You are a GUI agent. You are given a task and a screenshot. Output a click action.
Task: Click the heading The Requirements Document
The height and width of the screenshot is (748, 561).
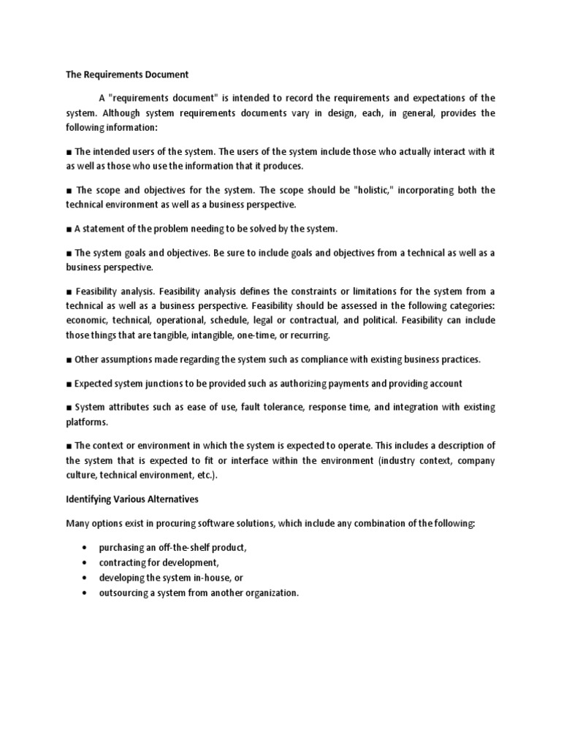point(127,75)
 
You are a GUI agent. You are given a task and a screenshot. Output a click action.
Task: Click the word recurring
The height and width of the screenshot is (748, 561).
point(310,335)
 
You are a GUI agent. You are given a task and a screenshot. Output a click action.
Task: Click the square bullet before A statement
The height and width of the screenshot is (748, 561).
point(69,229)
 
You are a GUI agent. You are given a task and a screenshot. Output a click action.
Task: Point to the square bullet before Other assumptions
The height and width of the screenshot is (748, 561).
point(69,359)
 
